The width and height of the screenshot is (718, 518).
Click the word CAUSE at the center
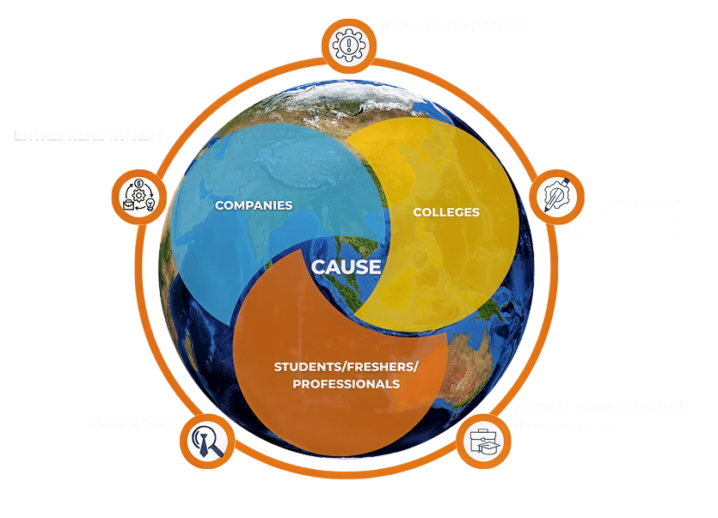pos(346,266)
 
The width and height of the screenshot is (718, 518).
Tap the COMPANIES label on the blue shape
pos(254,205)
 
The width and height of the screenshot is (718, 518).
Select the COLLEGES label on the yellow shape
pos(446,211)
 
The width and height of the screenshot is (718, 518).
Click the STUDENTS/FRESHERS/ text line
pos(346,367)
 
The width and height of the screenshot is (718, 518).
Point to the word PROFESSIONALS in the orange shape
pos(346,384)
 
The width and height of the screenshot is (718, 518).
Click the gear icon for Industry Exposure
pos(348,45)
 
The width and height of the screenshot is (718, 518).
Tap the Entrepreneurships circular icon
pos(138,196)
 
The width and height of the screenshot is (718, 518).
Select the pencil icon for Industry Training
pos(555,197)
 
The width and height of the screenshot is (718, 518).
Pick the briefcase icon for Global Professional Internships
pos(482,441)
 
